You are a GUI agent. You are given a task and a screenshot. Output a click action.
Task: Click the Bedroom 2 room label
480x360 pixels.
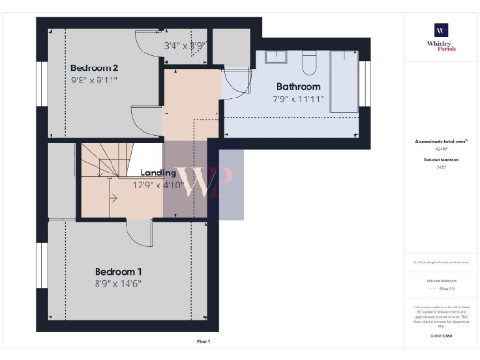(x=95, y=67)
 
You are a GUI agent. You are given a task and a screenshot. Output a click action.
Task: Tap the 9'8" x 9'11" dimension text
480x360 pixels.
(x=94, y=81)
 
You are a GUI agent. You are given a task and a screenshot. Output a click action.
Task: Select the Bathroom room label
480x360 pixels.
(x=298, y=85)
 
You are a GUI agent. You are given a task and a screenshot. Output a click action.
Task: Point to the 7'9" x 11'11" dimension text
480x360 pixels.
(x=298, y=98)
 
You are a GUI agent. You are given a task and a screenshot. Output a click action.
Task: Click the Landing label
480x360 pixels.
(x=158, y=172)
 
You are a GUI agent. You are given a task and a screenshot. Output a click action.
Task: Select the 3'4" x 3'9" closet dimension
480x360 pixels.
(x=185, y=45)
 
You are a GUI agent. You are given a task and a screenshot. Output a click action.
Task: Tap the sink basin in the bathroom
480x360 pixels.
(x=276, y=56)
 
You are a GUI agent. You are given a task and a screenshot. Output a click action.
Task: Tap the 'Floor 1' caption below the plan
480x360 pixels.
(x=202, y=343)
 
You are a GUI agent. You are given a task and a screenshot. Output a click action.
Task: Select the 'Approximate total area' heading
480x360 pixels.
(x=441, y=141)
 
